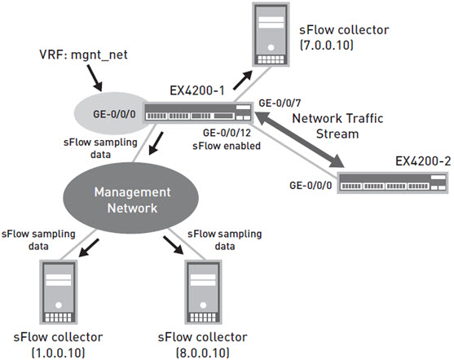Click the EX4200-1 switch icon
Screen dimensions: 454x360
(x=198, y=112)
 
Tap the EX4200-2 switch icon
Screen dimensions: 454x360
(x=392, y=183)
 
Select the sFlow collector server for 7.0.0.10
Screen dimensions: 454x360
(x=271, y=35)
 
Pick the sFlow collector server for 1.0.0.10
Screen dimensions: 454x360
(x=59, y=292)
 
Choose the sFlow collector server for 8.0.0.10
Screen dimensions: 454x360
(x=203, y=292)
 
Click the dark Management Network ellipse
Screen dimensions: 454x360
(x=131, y=200)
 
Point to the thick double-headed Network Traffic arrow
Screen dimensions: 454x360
(x=300, y=140)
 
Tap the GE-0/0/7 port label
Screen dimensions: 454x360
(x=280, y=103)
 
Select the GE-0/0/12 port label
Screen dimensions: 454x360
(x=227, y=133)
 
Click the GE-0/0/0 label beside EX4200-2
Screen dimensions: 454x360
(x=311, y=185)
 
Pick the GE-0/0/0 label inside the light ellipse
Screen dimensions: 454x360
(x=114, y=114)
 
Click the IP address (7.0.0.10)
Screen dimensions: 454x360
(x=326, y=46)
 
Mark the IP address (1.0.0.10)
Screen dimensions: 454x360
(x=58, y=353)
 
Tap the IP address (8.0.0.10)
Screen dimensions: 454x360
(x=203, y=353)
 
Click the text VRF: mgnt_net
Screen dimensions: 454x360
(x=83, y=55)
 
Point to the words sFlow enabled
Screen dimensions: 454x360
(x=227, y=146)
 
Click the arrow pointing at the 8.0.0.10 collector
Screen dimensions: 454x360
(x=173, y=246)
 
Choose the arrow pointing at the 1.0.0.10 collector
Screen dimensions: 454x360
(x=89, y=248)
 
